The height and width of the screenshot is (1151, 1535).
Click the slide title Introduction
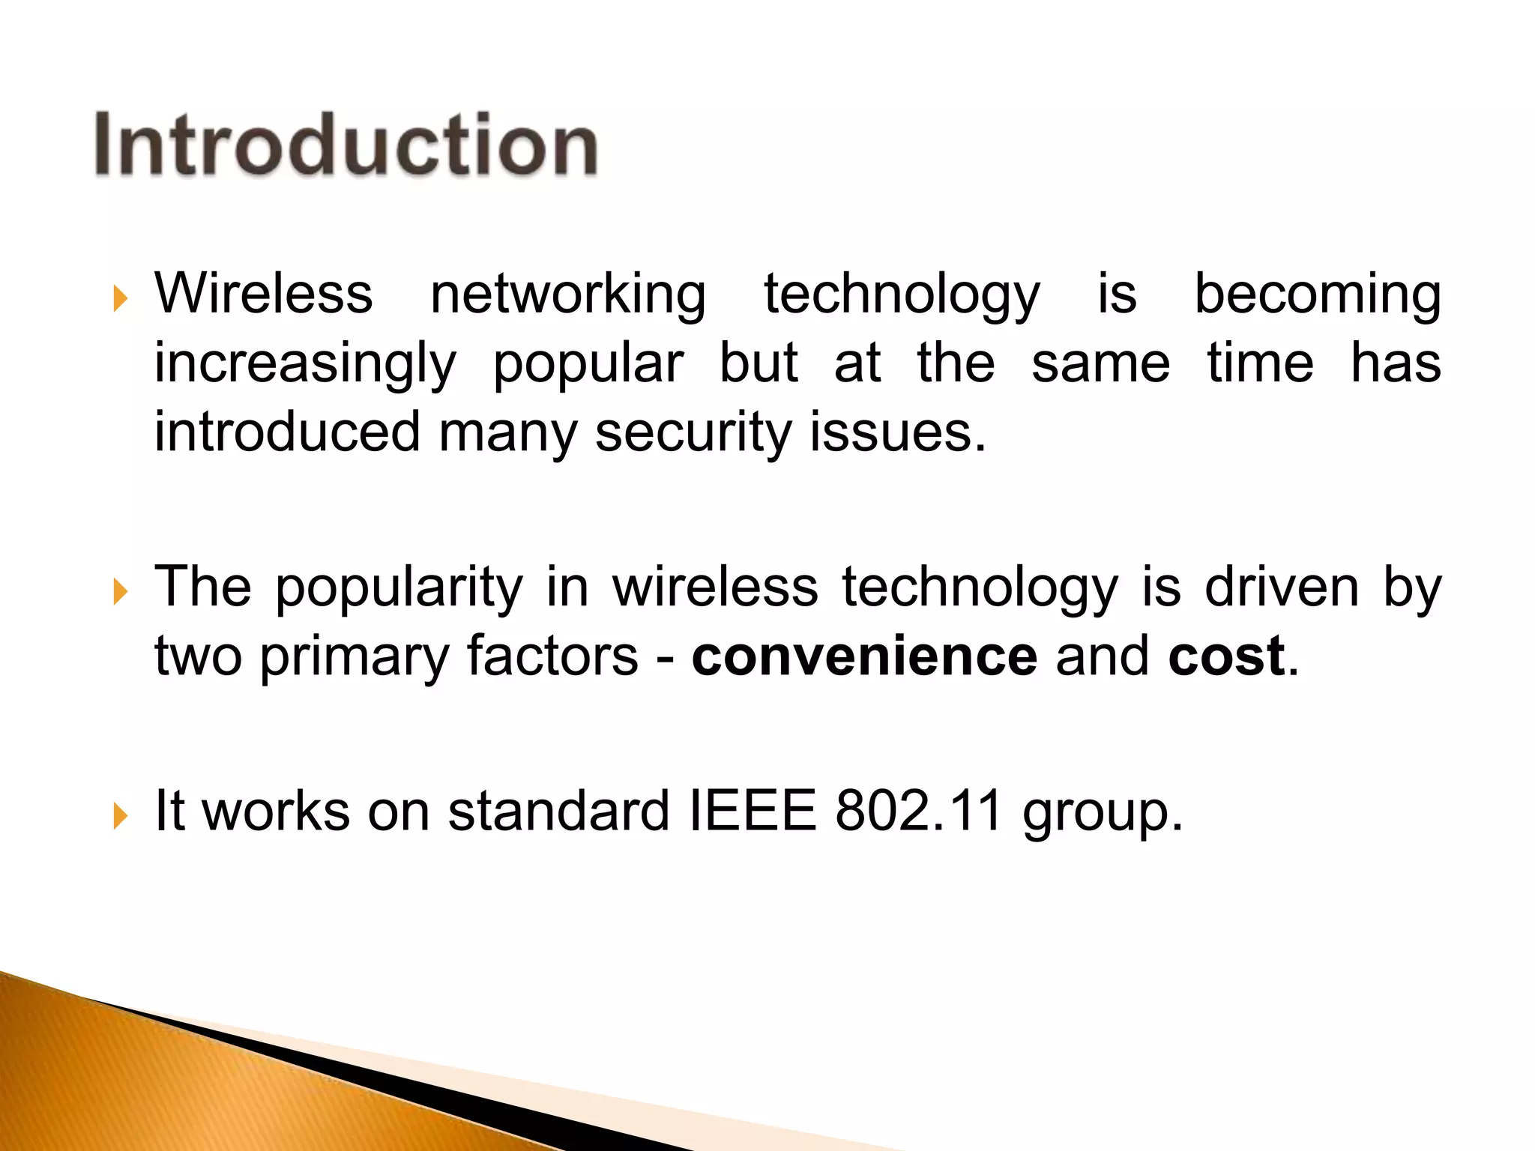click(x=346, y=145)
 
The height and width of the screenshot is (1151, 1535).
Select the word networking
click(x=568, y=294)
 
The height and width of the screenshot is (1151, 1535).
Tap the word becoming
click(x=1317, y=294)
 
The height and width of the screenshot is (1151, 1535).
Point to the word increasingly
click(x=305, y=364)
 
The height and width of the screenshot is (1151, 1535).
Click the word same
click(x=1100, y=364)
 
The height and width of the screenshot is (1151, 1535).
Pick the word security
click(x=693, y=433)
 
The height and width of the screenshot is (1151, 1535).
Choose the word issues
click(x=891, y=433)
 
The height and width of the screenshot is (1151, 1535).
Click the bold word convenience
click(x=864, y=656)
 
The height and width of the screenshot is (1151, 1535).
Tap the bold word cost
click(x=1226, y=656)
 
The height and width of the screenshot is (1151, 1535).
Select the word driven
click(x=1282, y=587)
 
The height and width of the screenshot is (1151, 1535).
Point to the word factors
click(x=552, y=656)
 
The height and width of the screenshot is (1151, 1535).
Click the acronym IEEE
click(x=752, y=811)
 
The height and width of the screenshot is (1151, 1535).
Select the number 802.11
click(x=919, y=811)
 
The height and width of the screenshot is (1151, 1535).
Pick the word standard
click(x=558, y=811)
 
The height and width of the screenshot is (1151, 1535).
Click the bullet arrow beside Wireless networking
click(x=120, y=299)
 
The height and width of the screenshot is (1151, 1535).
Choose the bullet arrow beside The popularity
click(x=120, y=592)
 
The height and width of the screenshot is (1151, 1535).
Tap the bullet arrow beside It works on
click(x=120, y=816)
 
